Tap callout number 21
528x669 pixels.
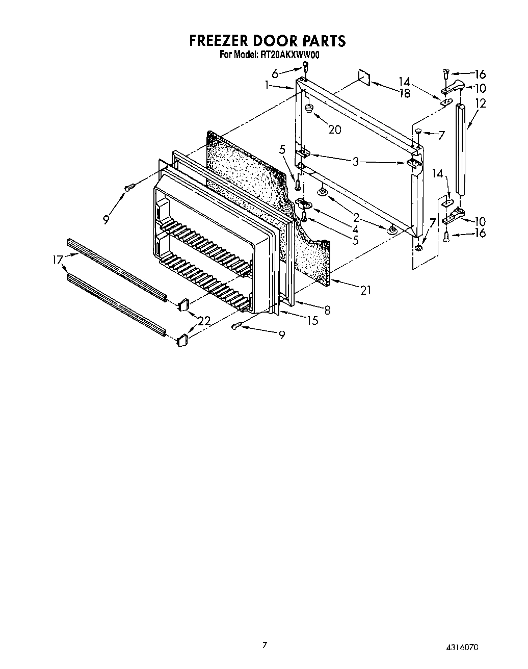tap(365, 291)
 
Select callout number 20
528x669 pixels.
tap(334, 130)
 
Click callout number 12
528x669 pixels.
tap(480, 104)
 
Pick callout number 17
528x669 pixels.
tap(57, 260)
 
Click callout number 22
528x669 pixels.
tap(204, 321)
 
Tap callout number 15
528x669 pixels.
tap(312, 320)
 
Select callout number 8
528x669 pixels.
tap(327, 309)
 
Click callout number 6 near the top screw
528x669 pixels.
tap(275, 73)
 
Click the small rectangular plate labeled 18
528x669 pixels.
tap(364, 75)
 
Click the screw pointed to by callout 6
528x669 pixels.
tap(305, 67)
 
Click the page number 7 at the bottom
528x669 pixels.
tap(264, 645)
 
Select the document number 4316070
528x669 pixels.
tap(462, 648)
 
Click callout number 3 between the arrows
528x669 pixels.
tap(356, 162)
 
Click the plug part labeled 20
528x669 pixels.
tap(309, 109)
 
